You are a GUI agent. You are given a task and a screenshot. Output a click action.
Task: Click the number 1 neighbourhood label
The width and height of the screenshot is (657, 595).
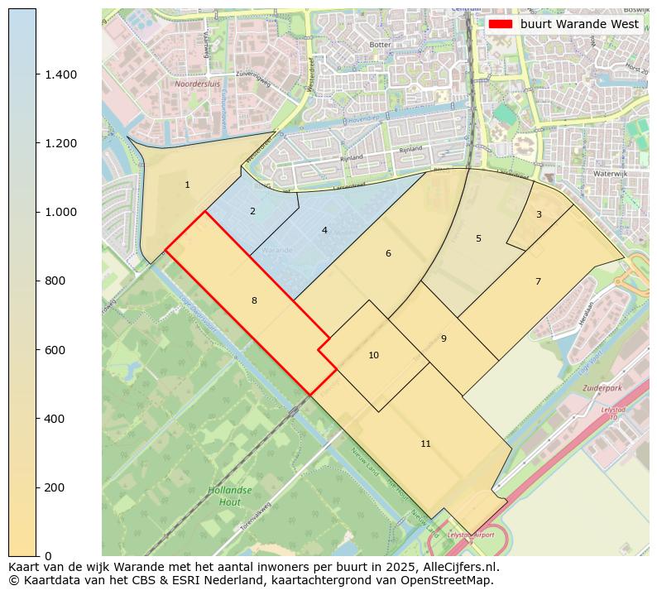tap(187, 185)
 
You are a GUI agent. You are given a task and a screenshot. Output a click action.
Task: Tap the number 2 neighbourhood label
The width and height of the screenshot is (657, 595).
tap(252, 212)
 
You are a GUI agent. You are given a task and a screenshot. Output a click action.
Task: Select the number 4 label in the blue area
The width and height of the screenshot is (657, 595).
tap(324, 230)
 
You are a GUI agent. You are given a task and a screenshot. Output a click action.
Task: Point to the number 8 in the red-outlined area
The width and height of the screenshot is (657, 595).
tap(254, 300)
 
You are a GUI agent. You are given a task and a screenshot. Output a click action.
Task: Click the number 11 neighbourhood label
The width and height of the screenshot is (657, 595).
tap(425, 444)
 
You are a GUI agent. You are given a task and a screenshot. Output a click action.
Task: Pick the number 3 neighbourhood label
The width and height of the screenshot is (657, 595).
tap(539, 215)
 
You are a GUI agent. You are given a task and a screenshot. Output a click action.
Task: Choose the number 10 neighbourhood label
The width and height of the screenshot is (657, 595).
tap(373, 355)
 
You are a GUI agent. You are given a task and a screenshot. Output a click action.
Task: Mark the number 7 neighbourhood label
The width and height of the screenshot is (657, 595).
tap(538, 282)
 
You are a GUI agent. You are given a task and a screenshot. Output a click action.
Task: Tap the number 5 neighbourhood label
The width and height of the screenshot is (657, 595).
tap(478, 238)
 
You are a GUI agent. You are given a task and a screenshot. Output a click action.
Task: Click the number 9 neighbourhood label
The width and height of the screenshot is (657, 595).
tap(444, 338)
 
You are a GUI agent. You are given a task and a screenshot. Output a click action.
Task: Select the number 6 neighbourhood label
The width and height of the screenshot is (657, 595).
tap(388, 253)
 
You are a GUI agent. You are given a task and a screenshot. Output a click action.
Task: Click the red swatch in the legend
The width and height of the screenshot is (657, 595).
tap(501, 24)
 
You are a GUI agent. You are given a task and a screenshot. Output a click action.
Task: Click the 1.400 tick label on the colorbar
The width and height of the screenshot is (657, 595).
tap(60, 74)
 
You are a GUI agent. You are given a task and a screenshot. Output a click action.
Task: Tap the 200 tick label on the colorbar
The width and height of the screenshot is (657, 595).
tap(54, 487)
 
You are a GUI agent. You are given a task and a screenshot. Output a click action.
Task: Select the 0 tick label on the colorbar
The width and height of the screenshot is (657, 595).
tap(47, 556)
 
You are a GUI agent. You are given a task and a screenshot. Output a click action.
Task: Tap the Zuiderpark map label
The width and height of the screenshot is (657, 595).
tap(602, 387)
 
